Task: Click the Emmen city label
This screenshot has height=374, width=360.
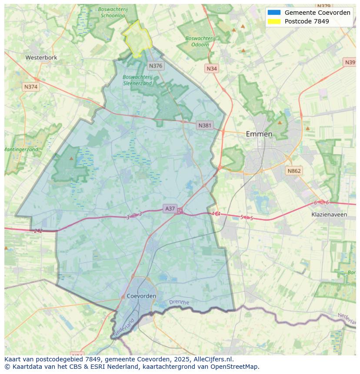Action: click(259, 134)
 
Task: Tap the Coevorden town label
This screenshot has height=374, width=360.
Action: click(142, 296)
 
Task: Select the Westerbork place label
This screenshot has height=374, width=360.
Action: click(41, 57)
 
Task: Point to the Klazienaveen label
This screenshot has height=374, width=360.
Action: click(329, 215)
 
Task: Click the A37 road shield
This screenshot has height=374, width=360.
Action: click(170, 209)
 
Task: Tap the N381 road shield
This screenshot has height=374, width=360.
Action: click(205, 126)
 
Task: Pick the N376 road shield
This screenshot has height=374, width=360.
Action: click(155, 66)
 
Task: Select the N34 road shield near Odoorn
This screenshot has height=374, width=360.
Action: click(212, 69)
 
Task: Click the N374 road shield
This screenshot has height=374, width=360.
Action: click(31, 87)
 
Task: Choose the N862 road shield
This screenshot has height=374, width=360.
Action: click(294, 171)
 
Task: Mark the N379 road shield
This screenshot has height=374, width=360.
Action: click(324, 6)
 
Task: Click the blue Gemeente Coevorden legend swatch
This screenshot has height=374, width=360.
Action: click(274, 13)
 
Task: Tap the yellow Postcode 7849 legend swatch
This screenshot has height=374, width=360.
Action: click(274, 21)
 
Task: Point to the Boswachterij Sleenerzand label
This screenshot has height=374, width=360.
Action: click(137, 80)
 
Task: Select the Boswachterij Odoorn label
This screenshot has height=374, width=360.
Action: click(200, 41)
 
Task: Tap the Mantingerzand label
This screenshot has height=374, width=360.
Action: click(21, 149)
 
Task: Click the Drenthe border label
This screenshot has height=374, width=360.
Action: click(179, 302)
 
